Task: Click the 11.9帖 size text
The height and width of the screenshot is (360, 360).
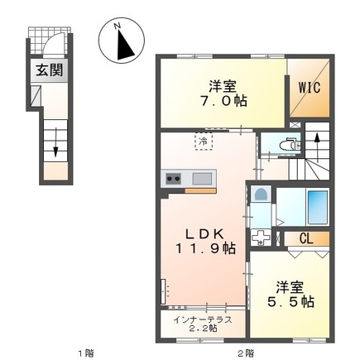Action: [203, 247]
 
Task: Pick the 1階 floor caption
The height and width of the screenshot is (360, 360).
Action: [85, 353]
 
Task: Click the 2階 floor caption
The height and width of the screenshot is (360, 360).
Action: [242, 353]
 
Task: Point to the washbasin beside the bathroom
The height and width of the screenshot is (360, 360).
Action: [261, 195]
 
